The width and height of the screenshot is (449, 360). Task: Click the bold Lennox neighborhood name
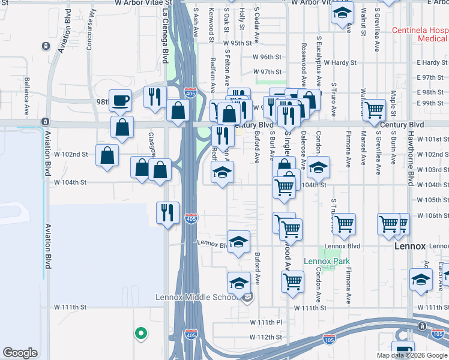[411, 247]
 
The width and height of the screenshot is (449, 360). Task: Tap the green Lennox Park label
[326, 261]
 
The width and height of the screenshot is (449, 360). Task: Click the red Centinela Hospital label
[420, 34]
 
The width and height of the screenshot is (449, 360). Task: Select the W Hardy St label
[340, 62]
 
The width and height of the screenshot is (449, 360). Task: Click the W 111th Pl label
[266, 322]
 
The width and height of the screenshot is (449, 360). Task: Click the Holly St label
[242, 19]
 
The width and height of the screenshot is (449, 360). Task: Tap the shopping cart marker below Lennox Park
[292, 280]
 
